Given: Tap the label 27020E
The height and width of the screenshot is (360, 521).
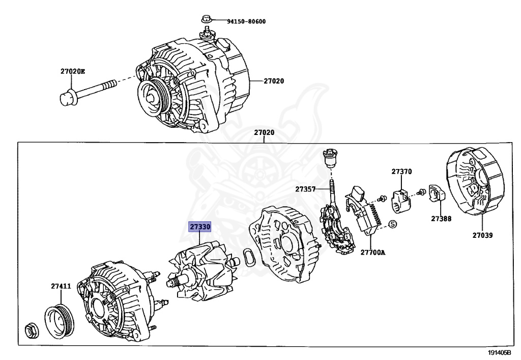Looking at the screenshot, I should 73,71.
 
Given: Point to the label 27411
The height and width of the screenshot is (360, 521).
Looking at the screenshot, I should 61,286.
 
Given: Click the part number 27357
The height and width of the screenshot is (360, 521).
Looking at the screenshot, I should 305,189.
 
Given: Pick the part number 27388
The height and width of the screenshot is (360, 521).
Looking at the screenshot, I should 441,218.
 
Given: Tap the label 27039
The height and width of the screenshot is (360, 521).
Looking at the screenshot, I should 482,235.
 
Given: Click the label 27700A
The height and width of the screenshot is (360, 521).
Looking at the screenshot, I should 373,252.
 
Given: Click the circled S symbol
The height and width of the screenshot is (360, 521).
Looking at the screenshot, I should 392,225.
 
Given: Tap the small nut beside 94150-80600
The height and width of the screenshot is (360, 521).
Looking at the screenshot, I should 205,20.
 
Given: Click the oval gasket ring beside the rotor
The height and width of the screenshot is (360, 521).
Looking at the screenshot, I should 248,257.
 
